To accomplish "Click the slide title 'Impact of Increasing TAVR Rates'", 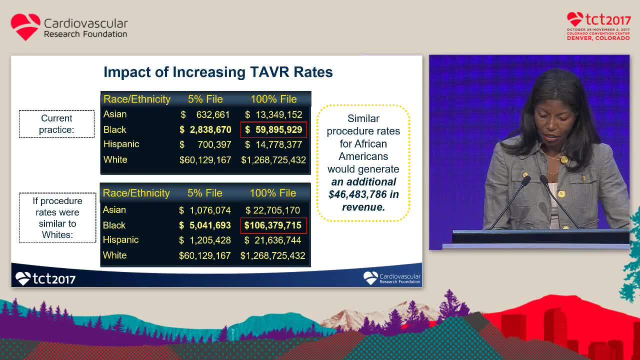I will (x=218, y=72).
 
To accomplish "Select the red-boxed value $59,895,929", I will (x=273, y=129).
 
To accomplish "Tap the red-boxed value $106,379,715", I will (x=273, y=225).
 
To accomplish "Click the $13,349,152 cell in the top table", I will (x=273, y=114).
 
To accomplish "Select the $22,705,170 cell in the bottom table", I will (x=273, y=210).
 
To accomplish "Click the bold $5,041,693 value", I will (x=205, y=225).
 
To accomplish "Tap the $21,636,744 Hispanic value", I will (x=273, y=240).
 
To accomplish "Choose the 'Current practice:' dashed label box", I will (x=56, y=124).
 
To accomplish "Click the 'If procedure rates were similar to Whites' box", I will (x=57, y=218).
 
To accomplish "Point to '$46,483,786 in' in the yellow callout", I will (x=363, y=194).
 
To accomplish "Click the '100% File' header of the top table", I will (x=273, y=99).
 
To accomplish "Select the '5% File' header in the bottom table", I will (x=205, y=193).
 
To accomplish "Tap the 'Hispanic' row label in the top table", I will (x=121, y=144).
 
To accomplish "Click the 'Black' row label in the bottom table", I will (x=114, y=225).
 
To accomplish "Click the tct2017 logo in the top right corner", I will (x=598, y=26).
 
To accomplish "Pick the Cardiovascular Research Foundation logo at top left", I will (x=69, y=27).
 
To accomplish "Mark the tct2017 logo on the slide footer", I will (x=45, y=278).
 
